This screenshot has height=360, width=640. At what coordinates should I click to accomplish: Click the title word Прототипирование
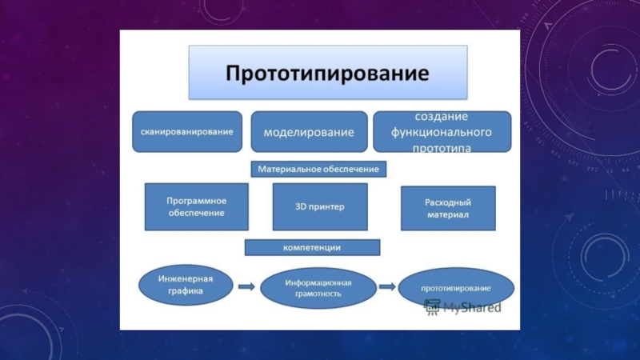point(327,73)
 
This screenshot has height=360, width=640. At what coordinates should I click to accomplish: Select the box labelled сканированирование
point(187,131)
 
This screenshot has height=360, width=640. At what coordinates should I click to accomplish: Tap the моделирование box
point(309,131)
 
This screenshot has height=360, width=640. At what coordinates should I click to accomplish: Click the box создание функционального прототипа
point(442,131)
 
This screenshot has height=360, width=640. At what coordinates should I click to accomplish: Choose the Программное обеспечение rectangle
point(195,207)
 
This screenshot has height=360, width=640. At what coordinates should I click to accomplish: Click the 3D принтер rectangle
point(320,207)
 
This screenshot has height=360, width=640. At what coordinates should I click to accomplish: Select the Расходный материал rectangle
point(447,209)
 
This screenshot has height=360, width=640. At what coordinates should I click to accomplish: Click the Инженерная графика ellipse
point(186,286)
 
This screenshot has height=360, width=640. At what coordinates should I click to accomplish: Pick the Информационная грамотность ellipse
point(318,287)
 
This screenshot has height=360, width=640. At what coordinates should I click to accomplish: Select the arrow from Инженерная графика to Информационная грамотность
point(246,286)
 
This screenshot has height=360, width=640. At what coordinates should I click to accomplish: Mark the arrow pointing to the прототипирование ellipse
point(387,286)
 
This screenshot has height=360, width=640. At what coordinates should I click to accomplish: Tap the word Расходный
point(447,202)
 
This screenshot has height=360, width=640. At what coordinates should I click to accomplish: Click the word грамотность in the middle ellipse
point(318,294)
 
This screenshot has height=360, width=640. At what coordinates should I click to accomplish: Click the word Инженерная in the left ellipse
point(186,279)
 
